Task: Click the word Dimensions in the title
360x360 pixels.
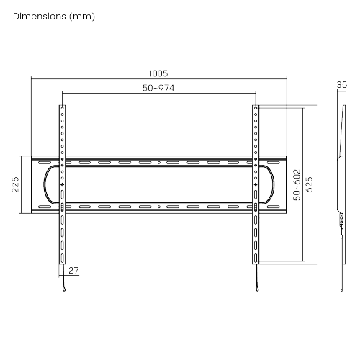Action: (x=40, y=17)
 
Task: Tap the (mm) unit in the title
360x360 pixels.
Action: (x=82, y=17)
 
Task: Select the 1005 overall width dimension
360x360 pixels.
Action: (x=158, y=73)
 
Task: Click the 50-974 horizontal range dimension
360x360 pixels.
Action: (x=158, y=88)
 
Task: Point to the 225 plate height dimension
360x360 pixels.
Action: (x=15, y=184)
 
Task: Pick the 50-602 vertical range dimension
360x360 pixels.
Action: (x=297, y=185)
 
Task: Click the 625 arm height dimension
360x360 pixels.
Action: (x=310, y=184)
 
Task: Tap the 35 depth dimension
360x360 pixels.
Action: (x=342, y=85)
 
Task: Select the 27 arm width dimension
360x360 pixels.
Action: (x=73, y=271)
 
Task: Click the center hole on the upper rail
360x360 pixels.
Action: (x=159, y=163)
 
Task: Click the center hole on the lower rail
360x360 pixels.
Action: (x=159, y=207)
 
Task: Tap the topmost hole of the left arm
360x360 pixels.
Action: (x=63, y=108)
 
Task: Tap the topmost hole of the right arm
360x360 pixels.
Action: (x=256, y=108)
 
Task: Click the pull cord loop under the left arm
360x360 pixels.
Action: (x=64, y=289)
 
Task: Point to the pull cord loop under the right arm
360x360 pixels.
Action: (x=257, y=289)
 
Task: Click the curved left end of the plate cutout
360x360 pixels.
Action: (x=44, y=184)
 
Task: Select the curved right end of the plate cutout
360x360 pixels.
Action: (x=274, y=184)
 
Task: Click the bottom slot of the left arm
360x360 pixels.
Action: (x=62, y=258)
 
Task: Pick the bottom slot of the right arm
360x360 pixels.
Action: (x=256, y=258)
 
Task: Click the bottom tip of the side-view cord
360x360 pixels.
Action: (x=341, y=291)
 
